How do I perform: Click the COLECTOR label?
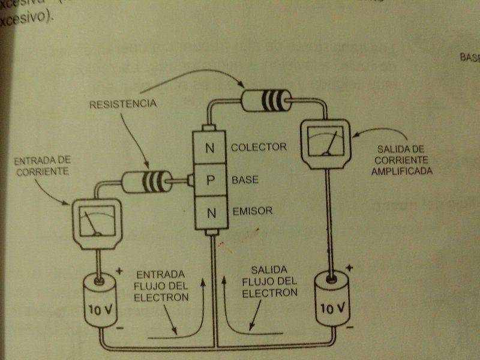pos(258,147)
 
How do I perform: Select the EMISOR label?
pos(252,211)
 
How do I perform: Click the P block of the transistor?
pos(211,180)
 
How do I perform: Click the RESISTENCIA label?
pos(122,104)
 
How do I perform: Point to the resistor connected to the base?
pos(143,181)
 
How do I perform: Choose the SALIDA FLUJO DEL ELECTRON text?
pos(269,282)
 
